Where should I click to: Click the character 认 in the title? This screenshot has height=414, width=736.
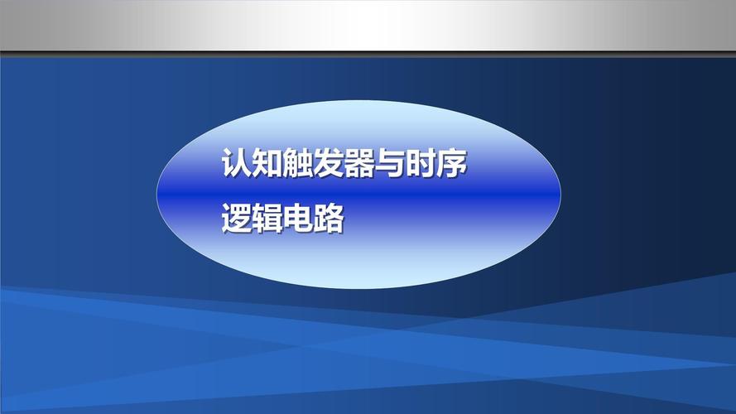pyautogui.click(x=236, y=163)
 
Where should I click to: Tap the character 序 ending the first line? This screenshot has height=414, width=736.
pyautogui.click(x=454, y=163)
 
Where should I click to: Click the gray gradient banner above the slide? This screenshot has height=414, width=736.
pyautogui.click(x=368, y=25)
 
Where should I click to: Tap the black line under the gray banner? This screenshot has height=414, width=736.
pyautogui.click(x=368, y=53)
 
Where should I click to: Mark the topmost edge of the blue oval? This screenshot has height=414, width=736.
pyautogui.click(x=358, y=102)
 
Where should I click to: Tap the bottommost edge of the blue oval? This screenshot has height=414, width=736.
pyautogui.click(x=358, y=287)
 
